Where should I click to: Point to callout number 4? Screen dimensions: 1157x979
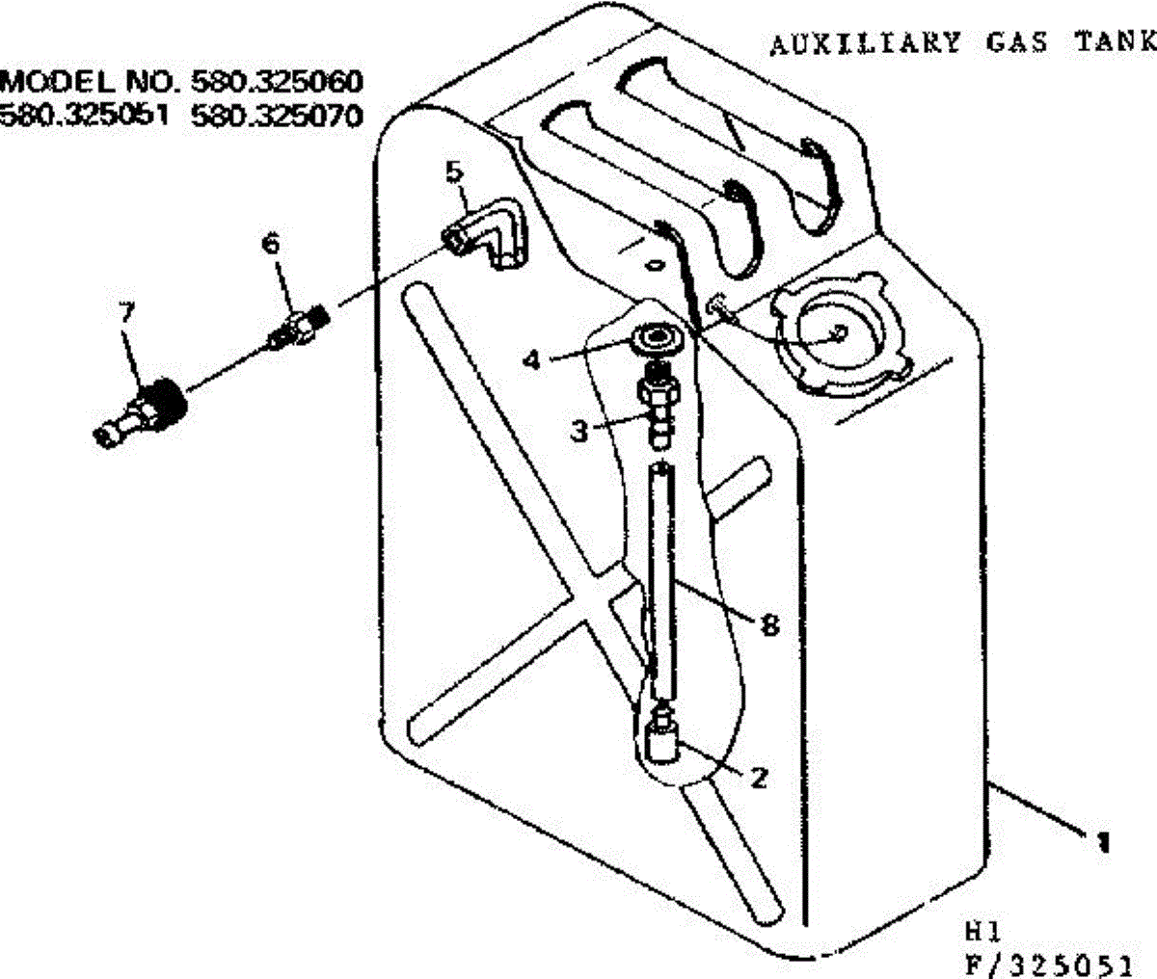coord(532,359)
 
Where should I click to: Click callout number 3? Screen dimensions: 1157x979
coord(578,431)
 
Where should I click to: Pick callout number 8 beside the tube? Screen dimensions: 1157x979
coord(768,625)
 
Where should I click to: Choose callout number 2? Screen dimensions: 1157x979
coord(759,777)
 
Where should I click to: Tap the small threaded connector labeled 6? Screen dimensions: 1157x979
coord(299,328)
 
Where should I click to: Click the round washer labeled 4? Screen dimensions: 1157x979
coord(659,339)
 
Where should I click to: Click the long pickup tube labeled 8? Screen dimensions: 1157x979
coord(662,578)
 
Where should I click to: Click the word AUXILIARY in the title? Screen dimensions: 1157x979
coord(864,42)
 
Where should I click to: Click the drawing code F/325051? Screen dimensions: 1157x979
coord(1048,964)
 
